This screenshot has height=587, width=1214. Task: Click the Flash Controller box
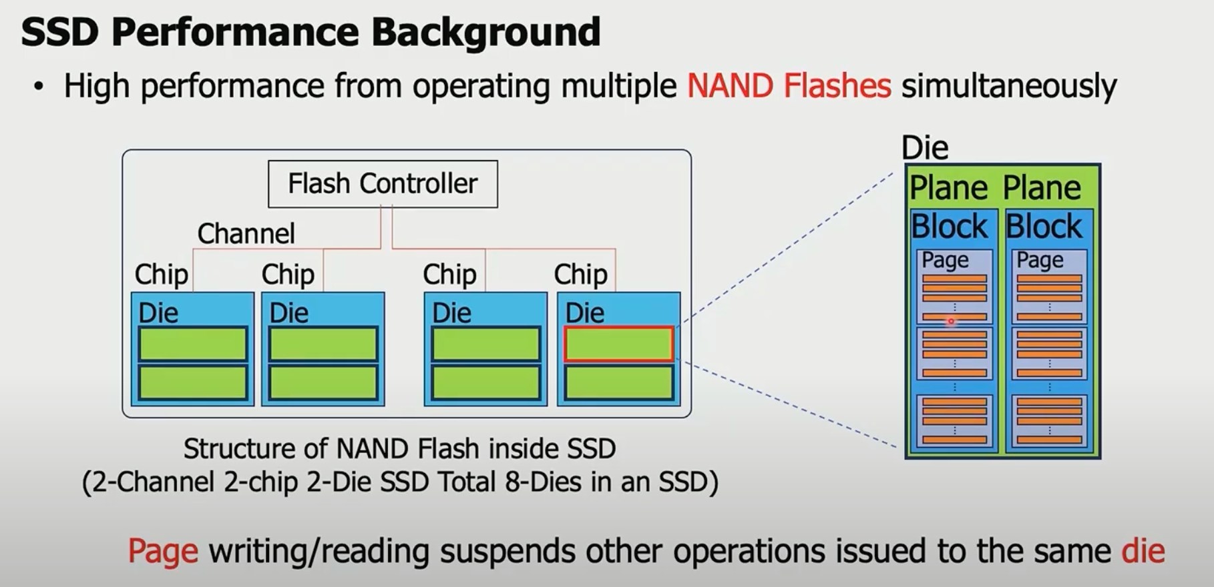click(383, 183)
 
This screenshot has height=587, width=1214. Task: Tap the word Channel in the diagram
click(246, 233)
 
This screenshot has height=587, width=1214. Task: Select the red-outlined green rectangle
click(618, 344)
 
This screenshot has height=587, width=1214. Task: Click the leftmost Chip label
click(161, 274)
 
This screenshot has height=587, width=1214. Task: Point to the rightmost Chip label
click(580, 274)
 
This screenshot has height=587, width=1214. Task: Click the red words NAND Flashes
click(789, 86)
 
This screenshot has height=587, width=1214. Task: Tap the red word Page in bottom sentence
click(163, 551)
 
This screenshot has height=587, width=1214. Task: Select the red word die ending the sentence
click(1143, 551)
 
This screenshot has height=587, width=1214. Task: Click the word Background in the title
click(485, 31)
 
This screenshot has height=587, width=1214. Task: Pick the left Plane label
click(948, 187)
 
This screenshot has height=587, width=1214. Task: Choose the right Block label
click(1044, 226)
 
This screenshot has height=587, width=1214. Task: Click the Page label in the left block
click(945, 259)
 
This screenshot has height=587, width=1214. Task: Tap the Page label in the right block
click(1040, 259)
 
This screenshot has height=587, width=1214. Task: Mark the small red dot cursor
click(951, 321)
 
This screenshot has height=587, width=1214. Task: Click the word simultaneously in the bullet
click(1008, 86)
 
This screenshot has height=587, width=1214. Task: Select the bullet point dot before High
click(39, 87)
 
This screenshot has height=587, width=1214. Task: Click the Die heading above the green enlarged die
click(925, 147)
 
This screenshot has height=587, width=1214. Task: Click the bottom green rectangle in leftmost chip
click(193, 383)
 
